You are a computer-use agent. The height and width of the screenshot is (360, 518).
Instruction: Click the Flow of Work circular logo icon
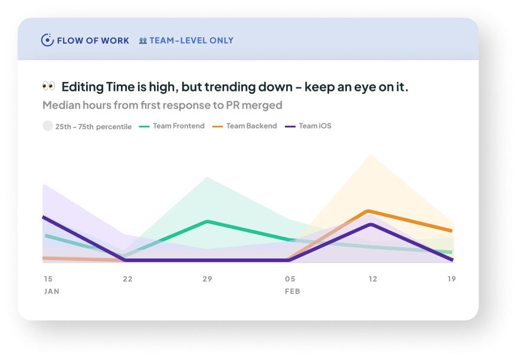point(47,40)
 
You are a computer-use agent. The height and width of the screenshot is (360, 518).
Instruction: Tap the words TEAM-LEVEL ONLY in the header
point(191,41)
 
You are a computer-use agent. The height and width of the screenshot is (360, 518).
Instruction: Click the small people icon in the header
point(143,41)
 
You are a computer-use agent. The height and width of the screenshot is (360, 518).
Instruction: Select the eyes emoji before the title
point(48,87)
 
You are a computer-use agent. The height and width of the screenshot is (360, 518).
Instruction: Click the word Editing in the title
point(82,87)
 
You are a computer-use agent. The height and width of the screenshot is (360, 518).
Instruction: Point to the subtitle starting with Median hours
point(162,106)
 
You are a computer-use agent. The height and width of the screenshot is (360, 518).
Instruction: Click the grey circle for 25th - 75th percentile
point(47,126)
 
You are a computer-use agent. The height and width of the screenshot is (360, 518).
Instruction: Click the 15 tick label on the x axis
point(48,279)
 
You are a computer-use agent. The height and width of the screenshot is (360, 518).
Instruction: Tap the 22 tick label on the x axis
point(127,279)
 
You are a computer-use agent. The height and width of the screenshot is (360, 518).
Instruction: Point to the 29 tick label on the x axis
point(207,279)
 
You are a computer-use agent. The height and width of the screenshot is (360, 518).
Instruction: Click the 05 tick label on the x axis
point(290,279)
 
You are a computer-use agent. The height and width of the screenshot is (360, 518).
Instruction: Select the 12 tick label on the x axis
point(372,279)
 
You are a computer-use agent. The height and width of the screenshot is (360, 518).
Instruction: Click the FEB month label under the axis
point(292,292)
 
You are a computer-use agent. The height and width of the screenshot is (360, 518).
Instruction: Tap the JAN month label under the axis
point(51,292)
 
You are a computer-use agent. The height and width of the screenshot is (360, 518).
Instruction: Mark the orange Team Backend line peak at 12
point(369,211)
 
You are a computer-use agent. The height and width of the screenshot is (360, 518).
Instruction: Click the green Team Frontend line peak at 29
point(208,221)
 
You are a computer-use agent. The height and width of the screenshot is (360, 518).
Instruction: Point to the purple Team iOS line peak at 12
point(371,224)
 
